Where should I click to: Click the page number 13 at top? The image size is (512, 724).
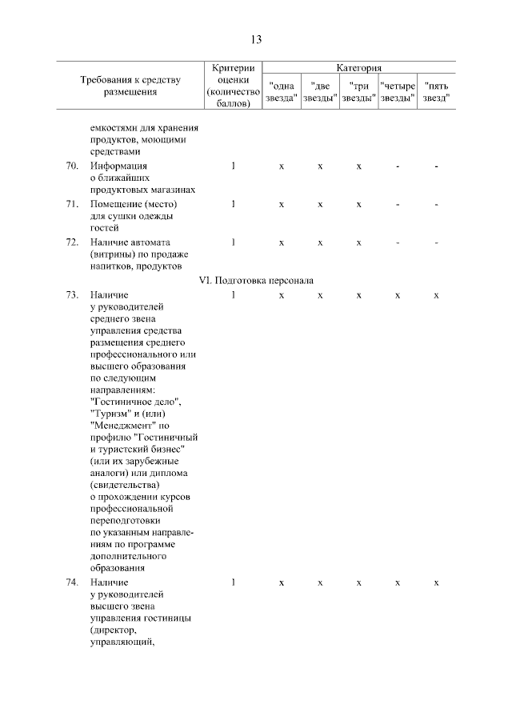[256, 39]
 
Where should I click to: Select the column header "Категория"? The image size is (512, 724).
[359, 69]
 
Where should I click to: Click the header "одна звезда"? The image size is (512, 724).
[282, 91]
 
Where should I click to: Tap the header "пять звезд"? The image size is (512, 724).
[436, 91]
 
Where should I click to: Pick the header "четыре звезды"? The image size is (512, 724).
[398, 91]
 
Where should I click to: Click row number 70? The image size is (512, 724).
[71, 166]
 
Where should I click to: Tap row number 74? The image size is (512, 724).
[71, 582]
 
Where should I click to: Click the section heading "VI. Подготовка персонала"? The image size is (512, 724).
[256, 280]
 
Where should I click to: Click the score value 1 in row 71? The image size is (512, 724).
[234, 204]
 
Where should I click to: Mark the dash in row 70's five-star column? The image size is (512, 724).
[436, 166]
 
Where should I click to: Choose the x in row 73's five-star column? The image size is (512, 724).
[436, 295]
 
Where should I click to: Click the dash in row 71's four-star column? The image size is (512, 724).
[398, 204]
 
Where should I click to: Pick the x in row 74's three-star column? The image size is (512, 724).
[359, 582]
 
